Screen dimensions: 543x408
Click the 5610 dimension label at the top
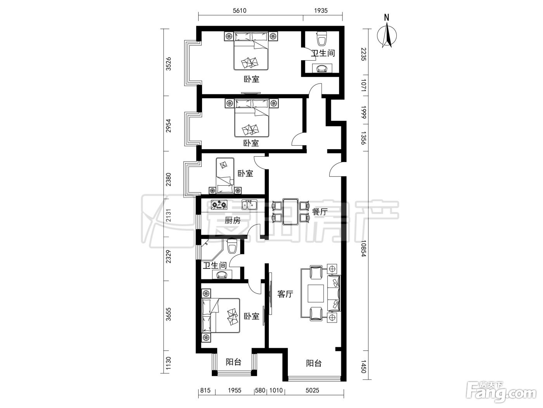tap(239, 10)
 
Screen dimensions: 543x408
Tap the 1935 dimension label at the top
tap(321, 10)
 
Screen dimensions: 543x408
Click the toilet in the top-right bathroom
tap(322, 39)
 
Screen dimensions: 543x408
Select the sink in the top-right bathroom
tap(322, 68)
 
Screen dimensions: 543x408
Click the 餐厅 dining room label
tap(320, 212)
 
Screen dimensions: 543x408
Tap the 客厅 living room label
tap(285, 294)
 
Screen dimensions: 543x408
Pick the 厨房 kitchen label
tap(233, 220)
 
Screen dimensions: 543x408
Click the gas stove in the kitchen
tap(219, 205)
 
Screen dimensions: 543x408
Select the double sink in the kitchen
tap(249, 205)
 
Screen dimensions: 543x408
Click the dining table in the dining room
tap(291, 211)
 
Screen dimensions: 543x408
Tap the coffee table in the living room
tap(316, 293)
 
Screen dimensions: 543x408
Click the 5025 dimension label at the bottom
tap(313, 391)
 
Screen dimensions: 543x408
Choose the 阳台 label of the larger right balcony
tap(314, 363)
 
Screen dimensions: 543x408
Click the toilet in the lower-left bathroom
tap(232, 246)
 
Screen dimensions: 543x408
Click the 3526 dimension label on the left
tap(168, 64)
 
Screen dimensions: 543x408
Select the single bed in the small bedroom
tap(225, 176)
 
